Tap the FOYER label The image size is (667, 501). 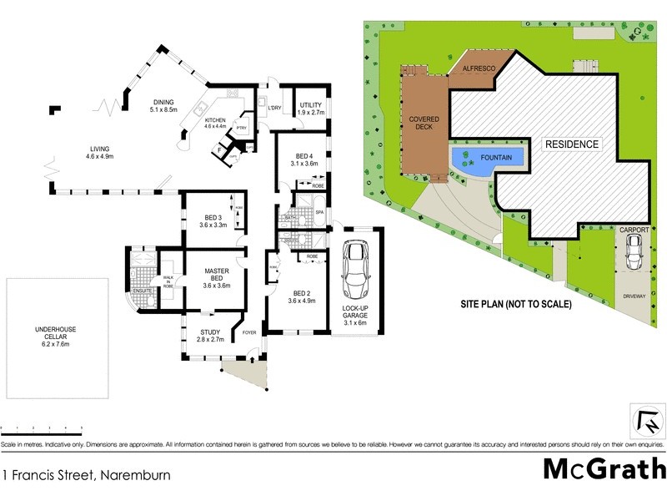(x=249, y=333)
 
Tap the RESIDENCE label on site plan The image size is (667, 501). (x=572, y=144)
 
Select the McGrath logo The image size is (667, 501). (x=604, y=468)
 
